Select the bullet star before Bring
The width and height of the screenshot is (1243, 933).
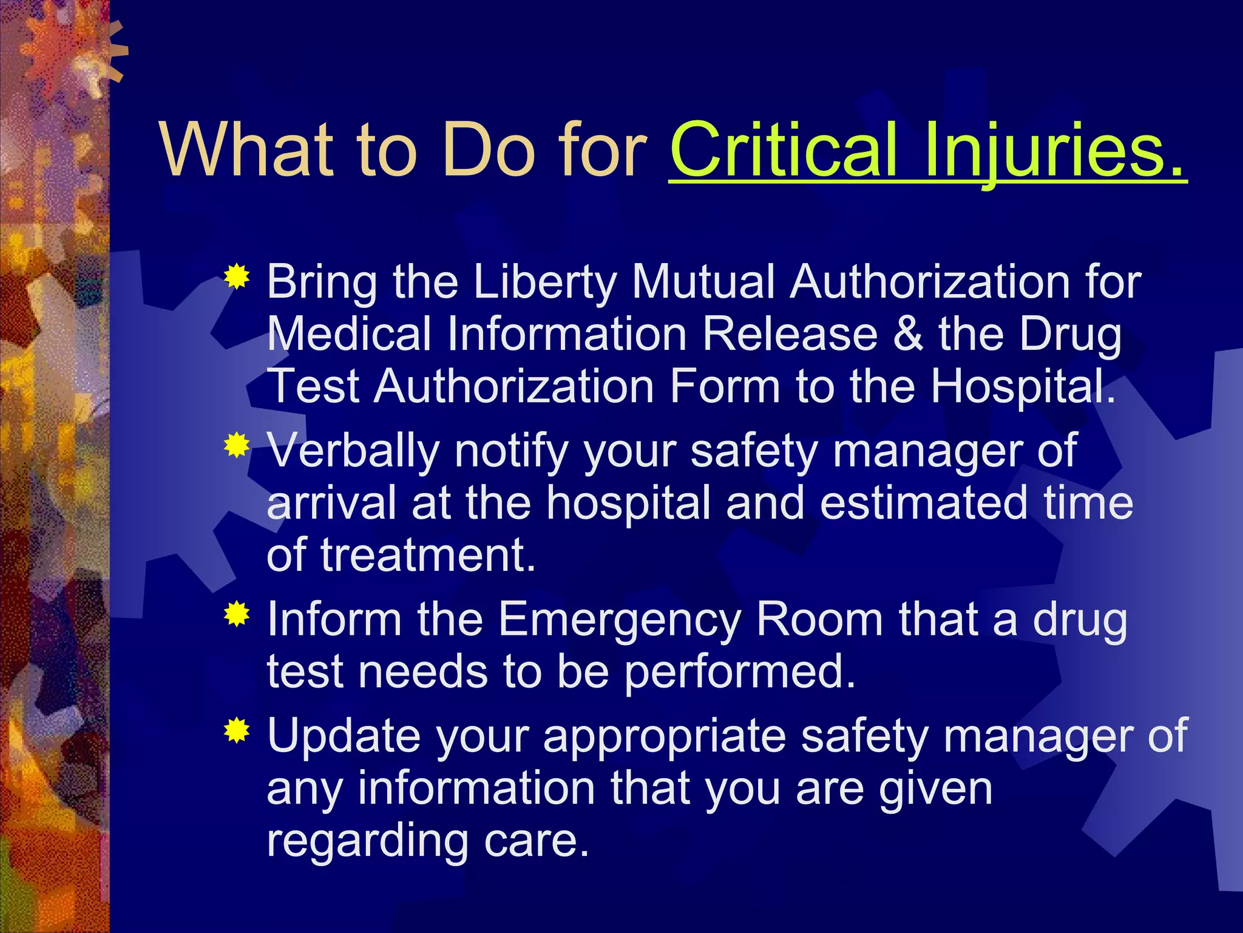(x=237, y=277)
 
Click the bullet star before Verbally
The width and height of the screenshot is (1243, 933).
(x=237, y=446)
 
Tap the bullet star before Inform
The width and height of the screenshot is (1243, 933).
(x=237, y=614)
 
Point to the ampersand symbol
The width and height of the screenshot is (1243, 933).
(x=908, y=334)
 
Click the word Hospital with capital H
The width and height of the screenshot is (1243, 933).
(x=1023, y=386)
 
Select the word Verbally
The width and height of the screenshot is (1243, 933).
(x=353, y=451)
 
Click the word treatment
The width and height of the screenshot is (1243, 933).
(x=428, y=555)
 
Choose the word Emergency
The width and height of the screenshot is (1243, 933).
(x=619, y=620)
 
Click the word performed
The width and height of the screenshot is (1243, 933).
(x=740, y=672)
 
